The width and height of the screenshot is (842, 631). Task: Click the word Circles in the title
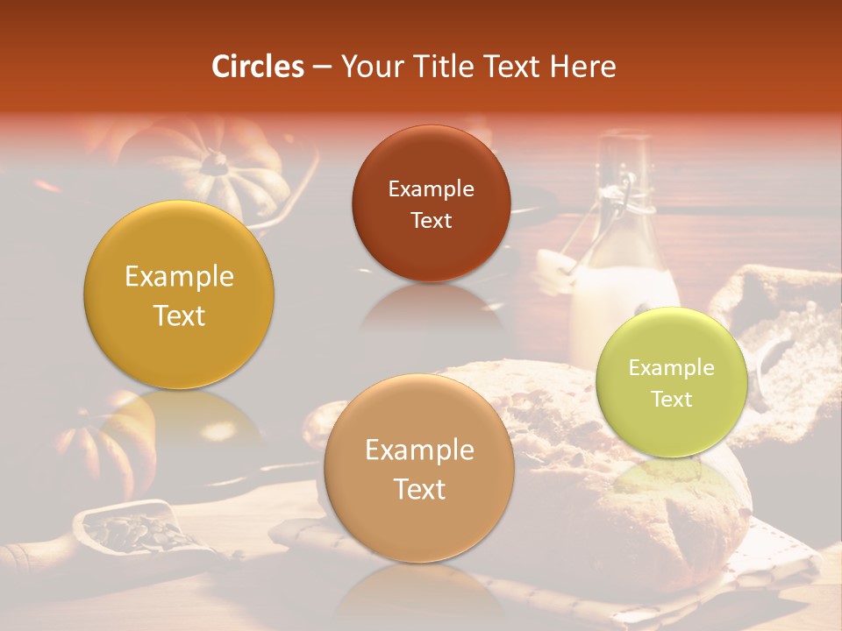[258, 67]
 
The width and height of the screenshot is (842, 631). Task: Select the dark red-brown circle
[431, 203]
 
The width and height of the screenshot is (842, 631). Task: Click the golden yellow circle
[179, 294]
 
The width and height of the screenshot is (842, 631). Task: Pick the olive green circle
[672, 382]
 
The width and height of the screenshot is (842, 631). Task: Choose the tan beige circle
[419, 468]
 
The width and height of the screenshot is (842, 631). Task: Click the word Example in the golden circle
[179, 277]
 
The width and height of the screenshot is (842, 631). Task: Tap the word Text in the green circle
[672, 399]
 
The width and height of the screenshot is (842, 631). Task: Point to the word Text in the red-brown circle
[431, 220]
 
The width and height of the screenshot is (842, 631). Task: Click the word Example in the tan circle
[419, 450]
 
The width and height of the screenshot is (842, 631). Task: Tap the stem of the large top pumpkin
[213, 160]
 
